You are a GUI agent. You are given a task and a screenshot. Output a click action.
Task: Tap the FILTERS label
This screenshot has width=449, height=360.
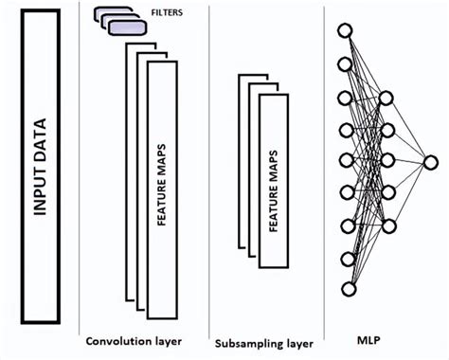(x=168, y=13)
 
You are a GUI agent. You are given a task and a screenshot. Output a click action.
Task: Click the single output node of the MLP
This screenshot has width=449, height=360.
(x=432, y=161)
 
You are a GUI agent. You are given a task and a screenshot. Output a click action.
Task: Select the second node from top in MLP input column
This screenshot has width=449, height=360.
(x=347, y=63)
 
